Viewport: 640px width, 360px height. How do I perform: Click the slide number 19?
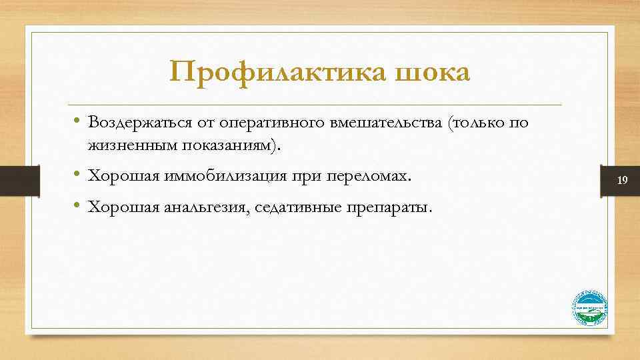click(623, 181)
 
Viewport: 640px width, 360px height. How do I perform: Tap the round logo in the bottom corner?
click(590, 309)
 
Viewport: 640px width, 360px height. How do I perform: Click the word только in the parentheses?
click(479, 123)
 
